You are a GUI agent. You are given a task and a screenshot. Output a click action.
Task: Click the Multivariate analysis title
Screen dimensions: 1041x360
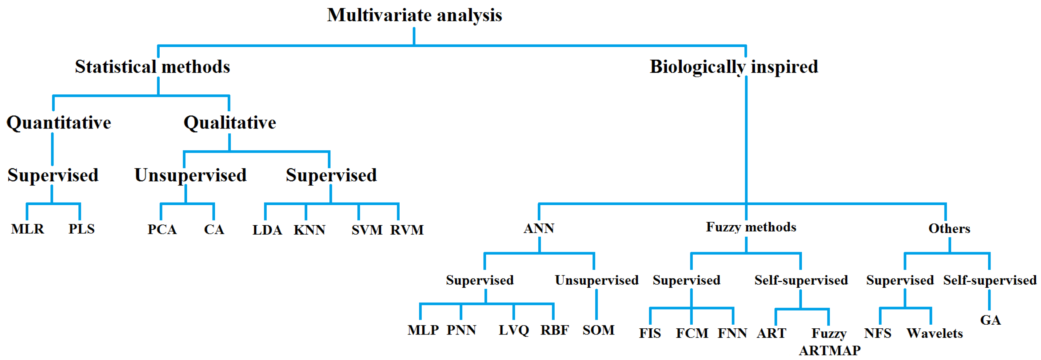point(414,15)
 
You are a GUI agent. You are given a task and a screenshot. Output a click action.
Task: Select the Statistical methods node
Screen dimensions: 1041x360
point(152,67)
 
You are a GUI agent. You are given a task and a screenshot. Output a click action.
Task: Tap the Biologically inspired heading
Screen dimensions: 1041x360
point(734,67)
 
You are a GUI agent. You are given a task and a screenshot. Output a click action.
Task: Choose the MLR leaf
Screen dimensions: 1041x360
point(27,229)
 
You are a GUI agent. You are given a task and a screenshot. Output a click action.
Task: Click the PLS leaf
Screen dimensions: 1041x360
point(81,229)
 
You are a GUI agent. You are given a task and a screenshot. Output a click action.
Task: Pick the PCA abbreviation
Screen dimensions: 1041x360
point(162,229)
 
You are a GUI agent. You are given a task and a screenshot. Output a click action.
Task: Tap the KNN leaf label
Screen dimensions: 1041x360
point(309,230)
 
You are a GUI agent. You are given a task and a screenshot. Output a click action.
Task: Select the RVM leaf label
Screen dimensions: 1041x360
point(407,230)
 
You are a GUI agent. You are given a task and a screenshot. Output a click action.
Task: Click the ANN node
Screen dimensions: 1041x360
point(539,229)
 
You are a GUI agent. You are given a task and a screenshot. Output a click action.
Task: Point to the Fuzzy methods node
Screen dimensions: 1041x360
point(751,227)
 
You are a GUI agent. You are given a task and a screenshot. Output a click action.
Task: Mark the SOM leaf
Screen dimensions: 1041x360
point(598,330)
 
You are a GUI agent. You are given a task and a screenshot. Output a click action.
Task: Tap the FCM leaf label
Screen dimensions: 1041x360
point(692,333)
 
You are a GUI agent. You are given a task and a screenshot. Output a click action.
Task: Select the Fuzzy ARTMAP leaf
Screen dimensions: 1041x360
point(829,342)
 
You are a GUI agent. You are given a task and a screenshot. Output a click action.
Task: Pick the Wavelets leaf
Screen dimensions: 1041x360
point(934,333)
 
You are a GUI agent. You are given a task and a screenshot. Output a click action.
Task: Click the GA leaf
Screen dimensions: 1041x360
point(990,320)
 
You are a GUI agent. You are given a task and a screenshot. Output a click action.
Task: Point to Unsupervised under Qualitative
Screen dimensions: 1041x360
point(190,175)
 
